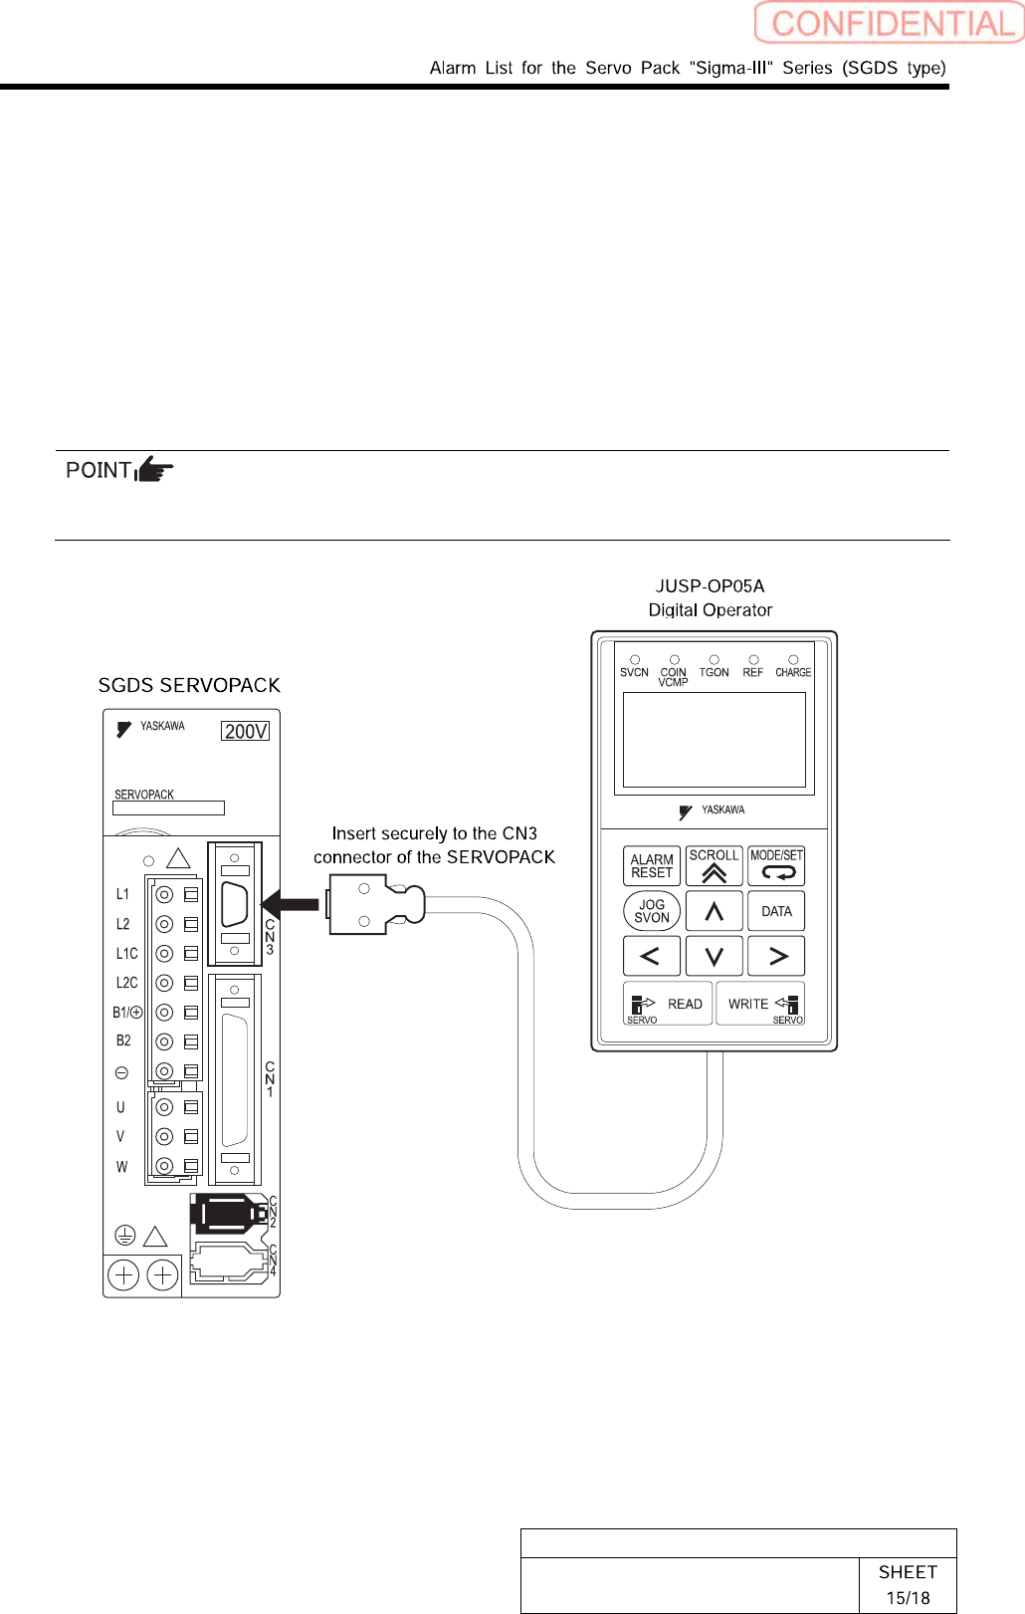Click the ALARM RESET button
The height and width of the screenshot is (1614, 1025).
[652, 866]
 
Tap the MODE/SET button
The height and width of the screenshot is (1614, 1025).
[776, 865]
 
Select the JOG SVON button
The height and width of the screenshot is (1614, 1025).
[652, 911]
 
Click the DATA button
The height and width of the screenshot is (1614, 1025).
[776, 911]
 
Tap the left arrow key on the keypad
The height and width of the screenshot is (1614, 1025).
[651, 956]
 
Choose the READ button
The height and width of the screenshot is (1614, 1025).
[668, 1004]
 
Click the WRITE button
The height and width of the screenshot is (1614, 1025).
[760, 1004]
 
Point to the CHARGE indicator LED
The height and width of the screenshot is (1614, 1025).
[793, 660]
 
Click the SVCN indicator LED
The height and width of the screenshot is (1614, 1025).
[635, 660]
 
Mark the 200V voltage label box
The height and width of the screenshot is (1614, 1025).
[246, 731]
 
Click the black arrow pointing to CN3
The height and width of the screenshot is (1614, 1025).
[290, 904]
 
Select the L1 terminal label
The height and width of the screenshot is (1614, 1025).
[122, 894]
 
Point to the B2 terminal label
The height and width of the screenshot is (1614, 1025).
[123, 1040]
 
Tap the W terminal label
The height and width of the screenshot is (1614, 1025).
[121, 1166]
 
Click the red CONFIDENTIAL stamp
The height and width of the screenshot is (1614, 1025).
[889, 23]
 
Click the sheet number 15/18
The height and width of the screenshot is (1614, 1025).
[908, 1597]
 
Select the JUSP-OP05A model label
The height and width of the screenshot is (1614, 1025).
[710, 586]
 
